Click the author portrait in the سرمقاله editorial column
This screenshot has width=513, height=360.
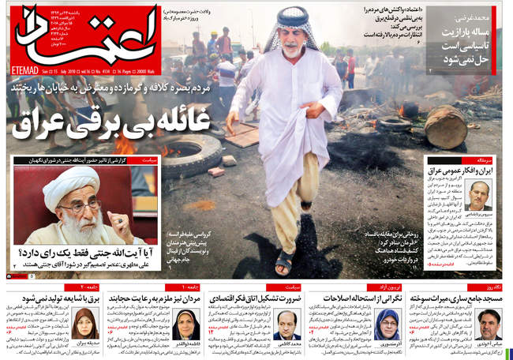477,197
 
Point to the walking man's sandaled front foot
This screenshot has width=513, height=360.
283,261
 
